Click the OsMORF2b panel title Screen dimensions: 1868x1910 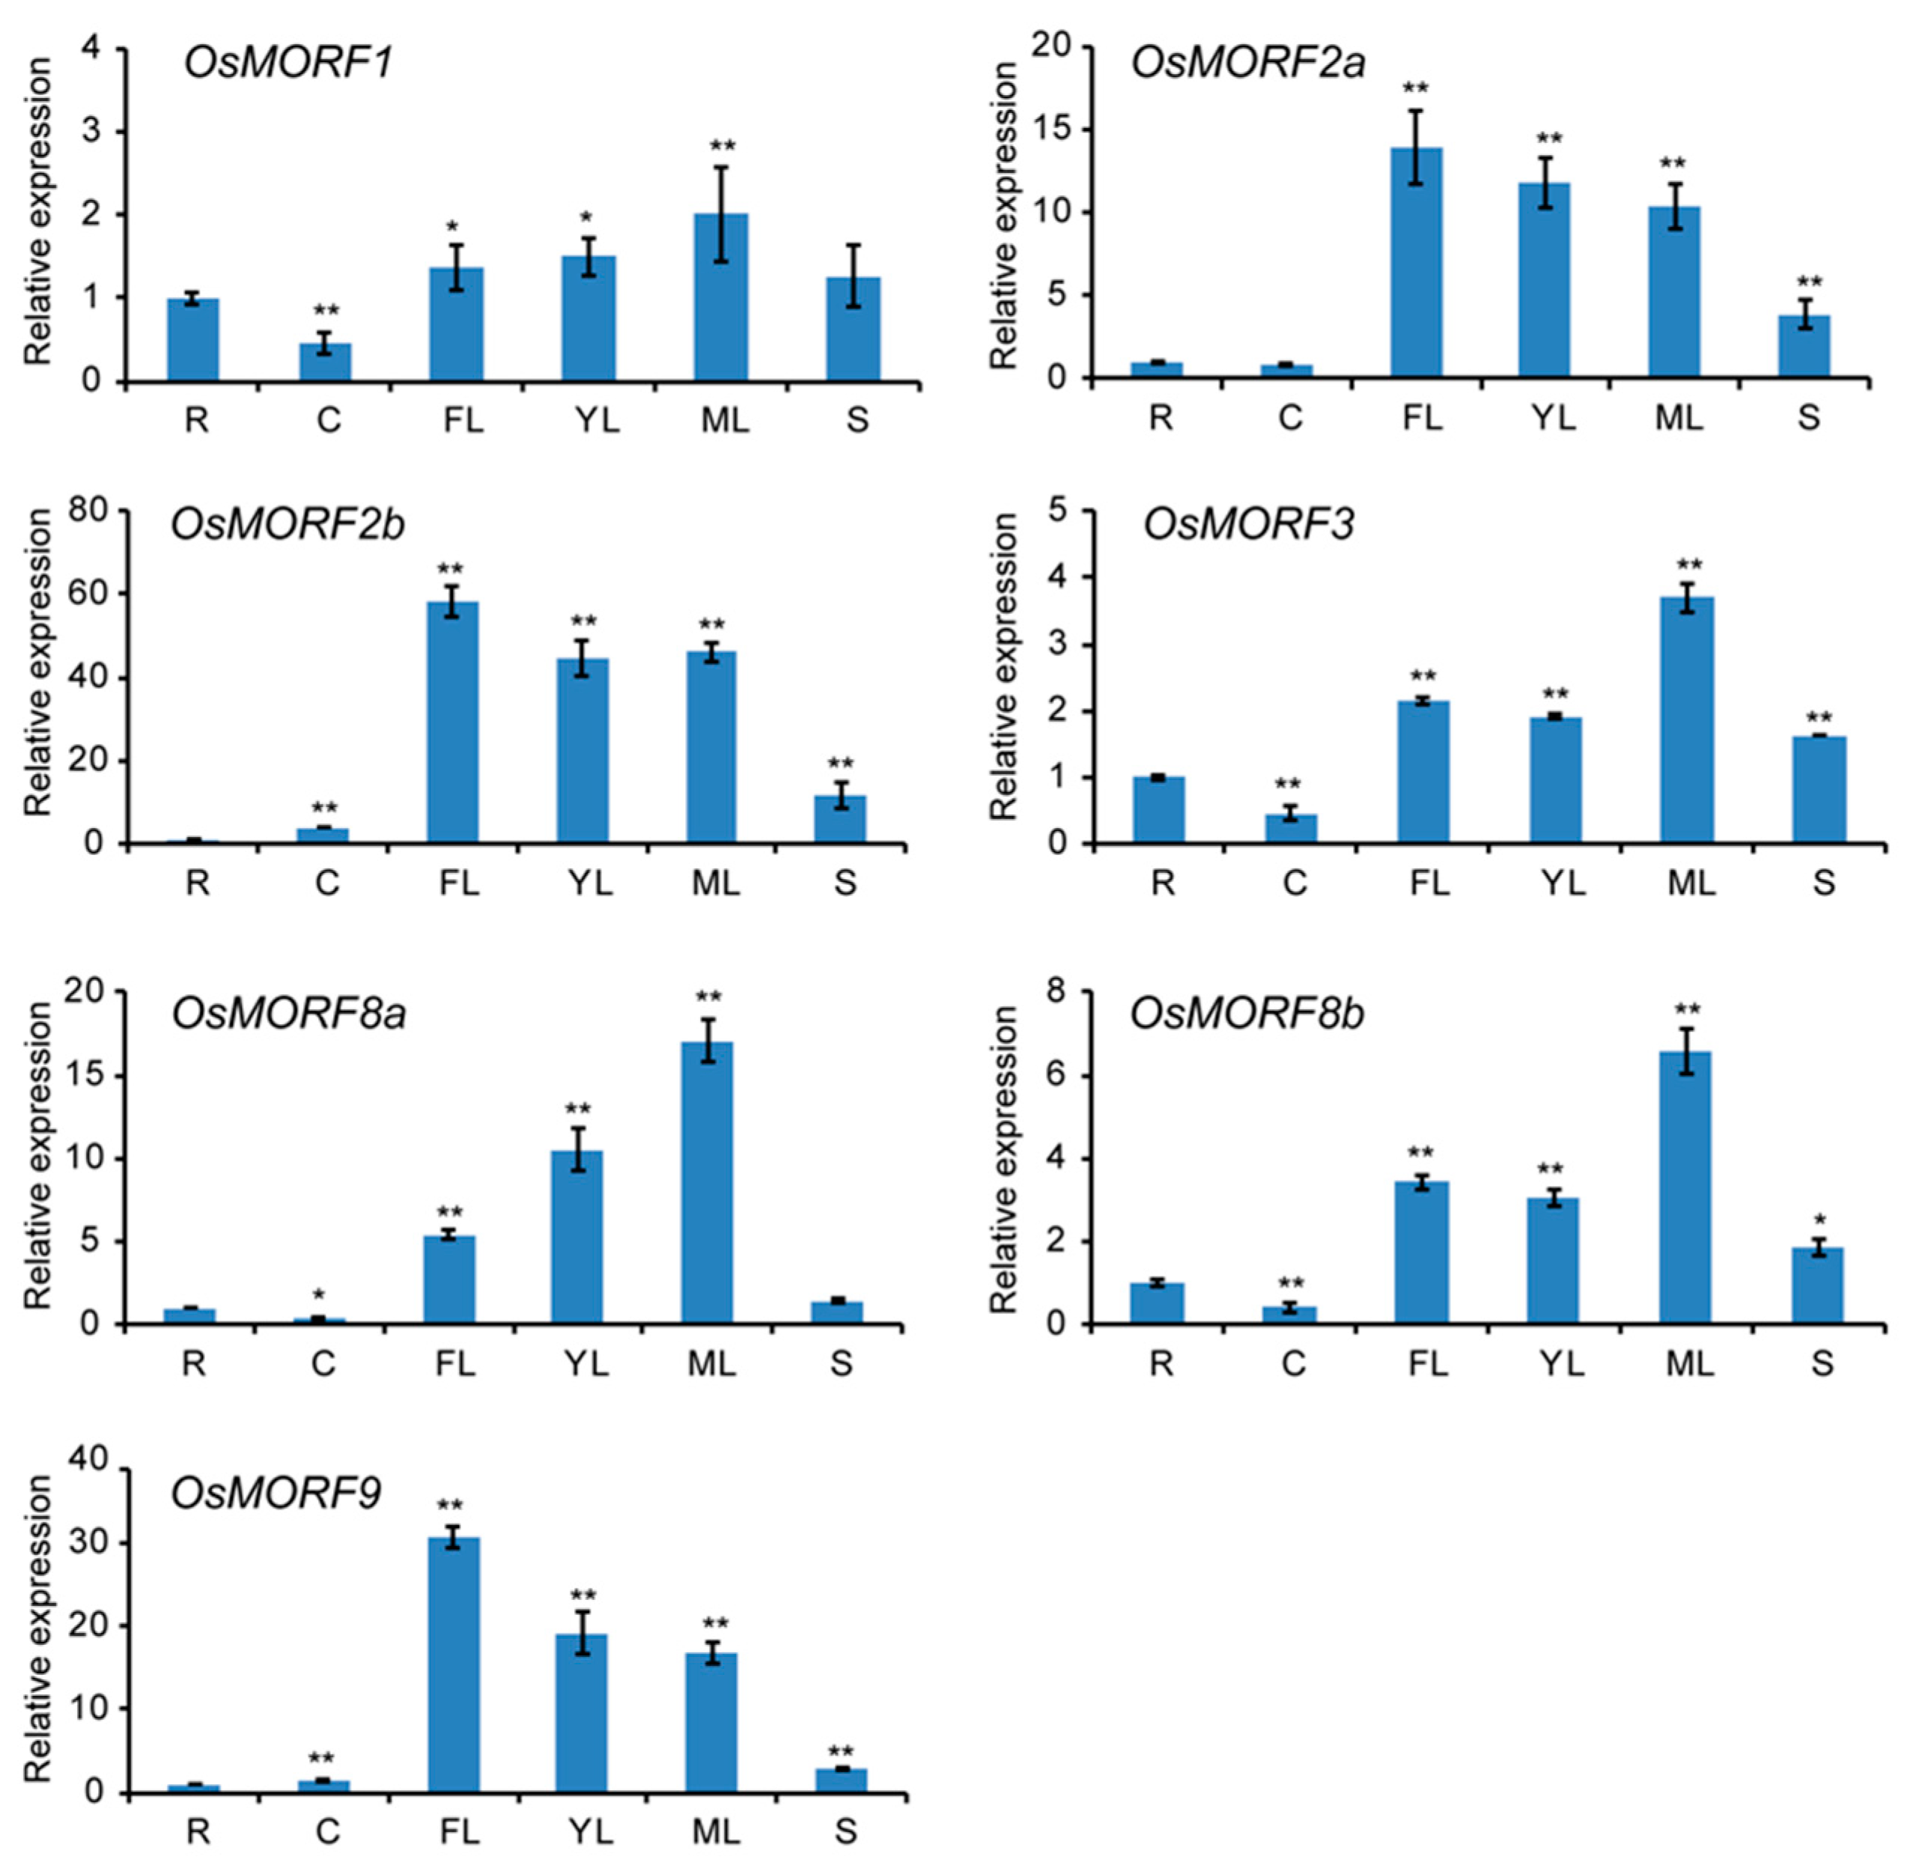[x=288, y=525]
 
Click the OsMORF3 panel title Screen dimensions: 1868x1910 [x=1248, y=525]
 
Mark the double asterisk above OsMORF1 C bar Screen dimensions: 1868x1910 [x=326, y=311]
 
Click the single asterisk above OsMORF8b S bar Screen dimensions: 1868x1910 [x=1819, y=1220]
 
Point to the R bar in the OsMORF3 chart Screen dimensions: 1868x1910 [x=1158, y=809]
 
